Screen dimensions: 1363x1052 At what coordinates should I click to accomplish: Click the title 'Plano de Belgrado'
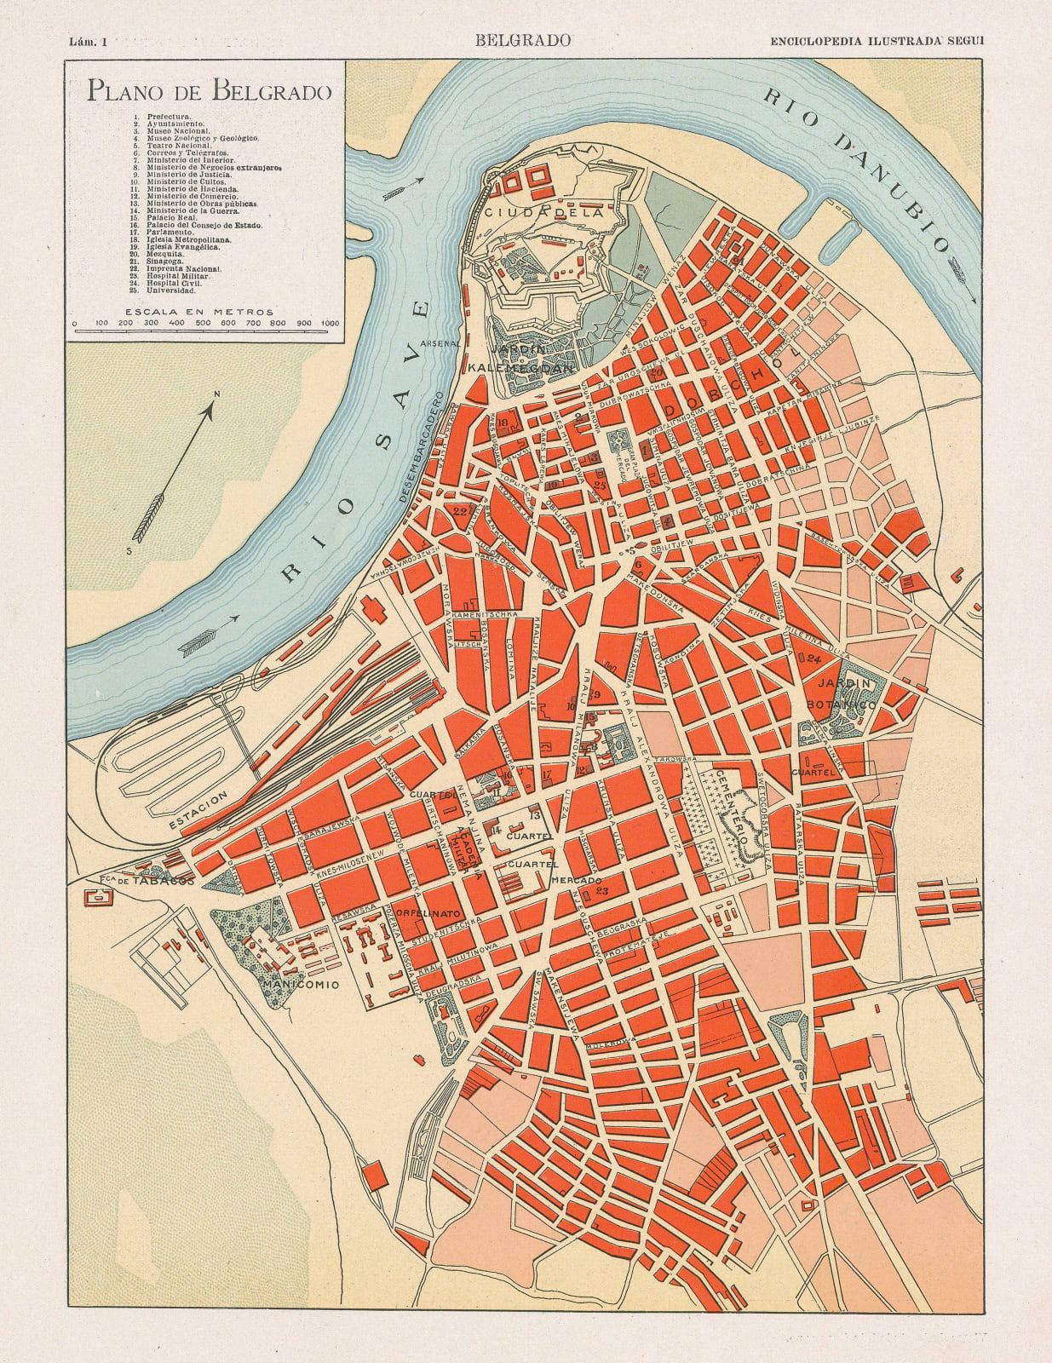pos(209,90)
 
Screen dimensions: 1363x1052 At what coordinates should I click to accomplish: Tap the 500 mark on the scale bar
pos(203,324)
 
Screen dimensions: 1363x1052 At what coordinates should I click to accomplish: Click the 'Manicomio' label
pos(301,985)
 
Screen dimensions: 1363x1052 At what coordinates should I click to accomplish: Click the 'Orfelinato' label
pos(428,912)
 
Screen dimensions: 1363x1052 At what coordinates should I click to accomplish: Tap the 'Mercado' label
pos(576,880)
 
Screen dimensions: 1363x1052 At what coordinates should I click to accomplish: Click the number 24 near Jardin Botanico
pos(813,659)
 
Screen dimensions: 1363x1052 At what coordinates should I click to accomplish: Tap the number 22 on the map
pos(461,511)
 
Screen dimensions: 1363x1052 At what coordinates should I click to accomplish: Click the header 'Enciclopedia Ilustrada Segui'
pos(876,40)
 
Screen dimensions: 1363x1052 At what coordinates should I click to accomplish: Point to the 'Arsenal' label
pos(445,344)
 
